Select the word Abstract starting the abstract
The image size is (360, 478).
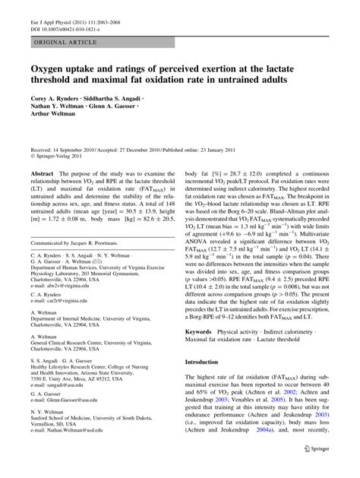pos(41,174)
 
